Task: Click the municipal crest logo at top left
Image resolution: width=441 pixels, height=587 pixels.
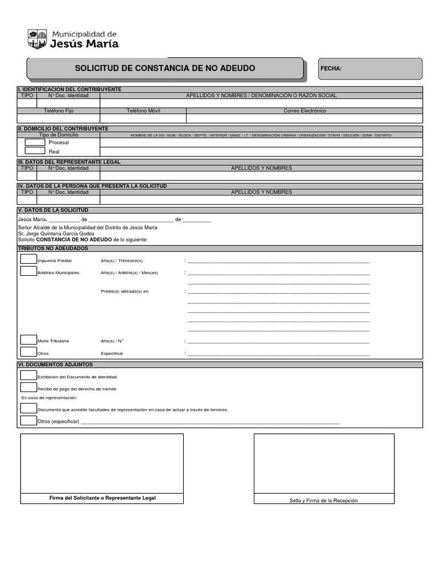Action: (x=38, y=39)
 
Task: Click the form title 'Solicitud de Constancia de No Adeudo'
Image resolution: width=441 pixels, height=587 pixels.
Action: (x=165, y=68)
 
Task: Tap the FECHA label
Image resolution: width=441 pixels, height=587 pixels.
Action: (x=331, y=69)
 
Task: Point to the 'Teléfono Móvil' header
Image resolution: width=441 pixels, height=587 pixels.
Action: (x=144, y=111)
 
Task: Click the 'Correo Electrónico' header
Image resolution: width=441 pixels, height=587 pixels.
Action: (x=305, y=111)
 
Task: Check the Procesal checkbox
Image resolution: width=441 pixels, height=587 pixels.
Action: (x=35, y=142)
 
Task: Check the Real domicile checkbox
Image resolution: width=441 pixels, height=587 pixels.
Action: (x=35, y=151)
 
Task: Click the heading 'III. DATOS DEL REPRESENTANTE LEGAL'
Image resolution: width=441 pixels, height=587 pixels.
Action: (x=69, y=162)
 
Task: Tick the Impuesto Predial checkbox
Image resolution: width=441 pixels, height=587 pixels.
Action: (x=28, y=259)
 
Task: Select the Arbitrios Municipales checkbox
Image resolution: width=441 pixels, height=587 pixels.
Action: (x=28, y=271)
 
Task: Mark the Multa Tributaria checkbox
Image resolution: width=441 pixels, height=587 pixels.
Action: (x=28, y=340)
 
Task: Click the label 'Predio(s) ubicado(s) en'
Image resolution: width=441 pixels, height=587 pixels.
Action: (x=125, y=292)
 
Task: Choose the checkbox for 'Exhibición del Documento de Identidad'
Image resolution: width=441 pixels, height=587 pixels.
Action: (x=28, y=375)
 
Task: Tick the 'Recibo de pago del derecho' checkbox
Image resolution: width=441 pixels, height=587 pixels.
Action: (x=28, y=388)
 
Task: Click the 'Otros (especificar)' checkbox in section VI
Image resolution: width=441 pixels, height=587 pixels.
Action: (x=28, y=421)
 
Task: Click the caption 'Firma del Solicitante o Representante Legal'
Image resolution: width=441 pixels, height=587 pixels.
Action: (x=102, y=498)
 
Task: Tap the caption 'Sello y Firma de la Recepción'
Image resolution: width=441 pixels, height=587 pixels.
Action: (x=323, y=500)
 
